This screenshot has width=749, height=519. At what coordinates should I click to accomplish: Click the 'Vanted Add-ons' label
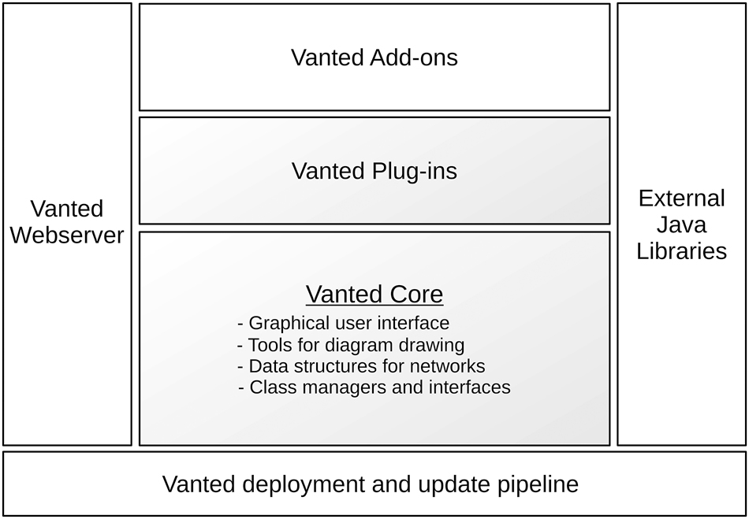pos(374,57)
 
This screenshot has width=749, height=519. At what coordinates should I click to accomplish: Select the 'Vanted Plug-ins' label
pos(374,171)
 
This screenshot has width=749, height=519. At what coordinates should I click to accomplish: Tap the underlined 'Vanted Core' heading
pos(374,294)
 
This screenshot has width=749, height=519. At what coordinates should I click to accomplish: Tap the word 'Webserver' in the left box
pos(67,235)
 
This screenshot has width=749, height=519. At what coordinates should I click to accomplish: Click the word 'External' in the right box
pos(682,198)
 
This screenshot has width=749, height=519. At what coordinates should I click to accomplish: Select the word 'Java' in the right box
pos(682,224)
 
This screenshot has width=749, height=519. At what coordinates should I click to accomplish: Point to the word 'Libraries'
pos(682,251)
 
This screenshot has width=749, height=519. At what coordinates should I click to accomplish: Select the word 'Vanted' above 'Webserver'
pos(67,209)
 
